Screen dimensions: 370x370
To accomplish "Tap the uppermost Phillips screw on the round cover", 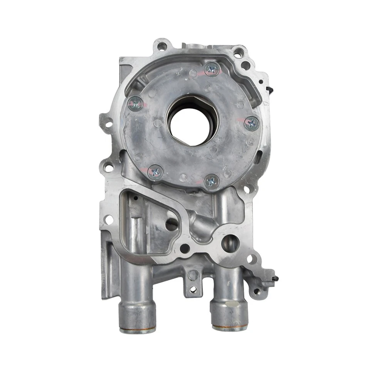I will [212, 70].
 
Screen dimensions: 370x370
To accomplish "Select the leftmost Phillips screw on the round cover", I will [135, 103].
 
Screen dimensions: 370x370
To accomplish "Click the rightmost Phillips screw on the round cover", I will [252, 123].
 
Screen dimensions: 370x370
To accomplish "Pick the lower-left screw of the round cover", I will [155, 172].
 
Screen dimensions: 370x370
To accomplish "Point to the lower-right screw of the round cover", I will [212, 181].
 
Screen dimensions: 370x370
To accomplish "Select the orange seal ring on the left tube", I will [138, 330].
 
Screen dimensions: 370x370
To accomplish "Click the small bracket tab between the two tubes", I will [193, 283].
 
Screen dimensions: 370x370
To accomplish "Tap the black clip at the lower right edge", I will [276, 278].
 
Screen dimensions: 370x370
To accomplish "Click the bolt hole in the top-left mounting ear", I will [162, 47].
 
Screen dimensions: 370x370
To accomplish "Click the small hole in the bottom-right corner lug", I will [256, 292].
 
